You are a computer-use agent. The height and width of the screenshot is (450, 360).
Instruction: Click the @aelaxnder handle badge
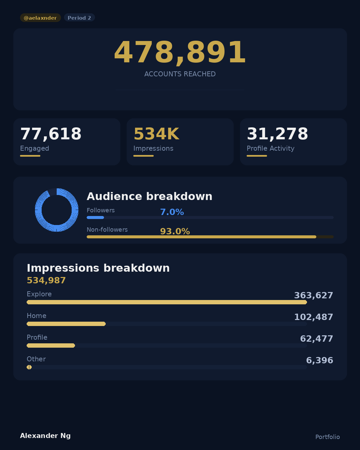click(x=40, y=18)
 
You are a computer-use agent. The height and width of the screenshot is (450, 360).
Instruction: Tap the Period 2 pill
click(x=79, y=18)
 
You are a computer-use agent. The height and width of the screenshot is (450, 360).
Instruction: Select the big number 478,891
click(x=180, y=53)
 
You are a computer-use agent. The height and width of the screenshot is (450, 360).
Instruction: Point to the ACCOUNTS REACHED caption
click(x=180, y=74)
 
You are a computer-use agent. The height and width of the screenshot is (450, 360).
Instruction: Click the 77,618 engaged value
click(x=51, y=134)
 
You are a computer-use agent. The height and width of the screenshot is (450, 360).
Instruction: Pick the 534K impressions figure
click(x=156, y=134)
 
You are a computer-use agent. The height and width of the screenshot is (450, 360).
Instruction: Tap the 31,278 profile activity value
click(x=277, y=134)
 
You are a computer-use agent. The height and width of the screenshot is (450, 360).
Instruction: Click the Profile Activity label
click(x=270, y=148)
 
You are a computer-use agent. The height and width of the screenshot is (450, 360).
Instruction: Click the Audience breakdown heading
click(x=149, y=196)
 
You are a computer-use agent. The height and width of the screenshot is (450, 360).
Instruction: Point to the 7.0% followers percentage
click(x=172, y=212)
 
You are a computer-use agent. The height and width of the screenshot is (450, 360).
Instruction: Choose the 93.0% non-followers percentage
click(x=175, y=231)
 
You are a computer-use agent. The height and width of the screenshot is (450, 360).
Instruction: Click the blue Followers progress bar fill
click(x=95, y=218)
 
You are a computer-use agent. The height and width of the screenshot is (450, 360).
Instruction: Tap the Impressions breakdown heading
click(x=98, y=268)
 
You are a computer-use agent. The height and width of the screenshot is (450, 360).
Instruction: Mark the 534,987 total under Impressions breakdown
click(x=46, y=280)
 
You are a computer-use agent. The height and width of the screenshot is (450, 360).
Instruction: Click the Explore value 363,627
click(x=313, y=295)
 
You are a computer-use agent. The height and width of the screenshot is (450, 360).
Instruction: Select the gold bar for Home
click(x=66, y=324)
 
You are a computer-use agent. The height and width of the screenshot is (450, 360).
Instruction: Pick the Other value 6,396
click(x=319, y=360)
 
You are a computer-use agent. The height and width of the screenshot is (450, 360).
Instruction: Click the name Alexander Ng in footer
click(x=45, y=436)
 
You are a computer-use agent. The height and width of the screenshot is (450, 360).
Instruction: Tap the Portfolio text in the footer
click(x=327, y=437)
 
